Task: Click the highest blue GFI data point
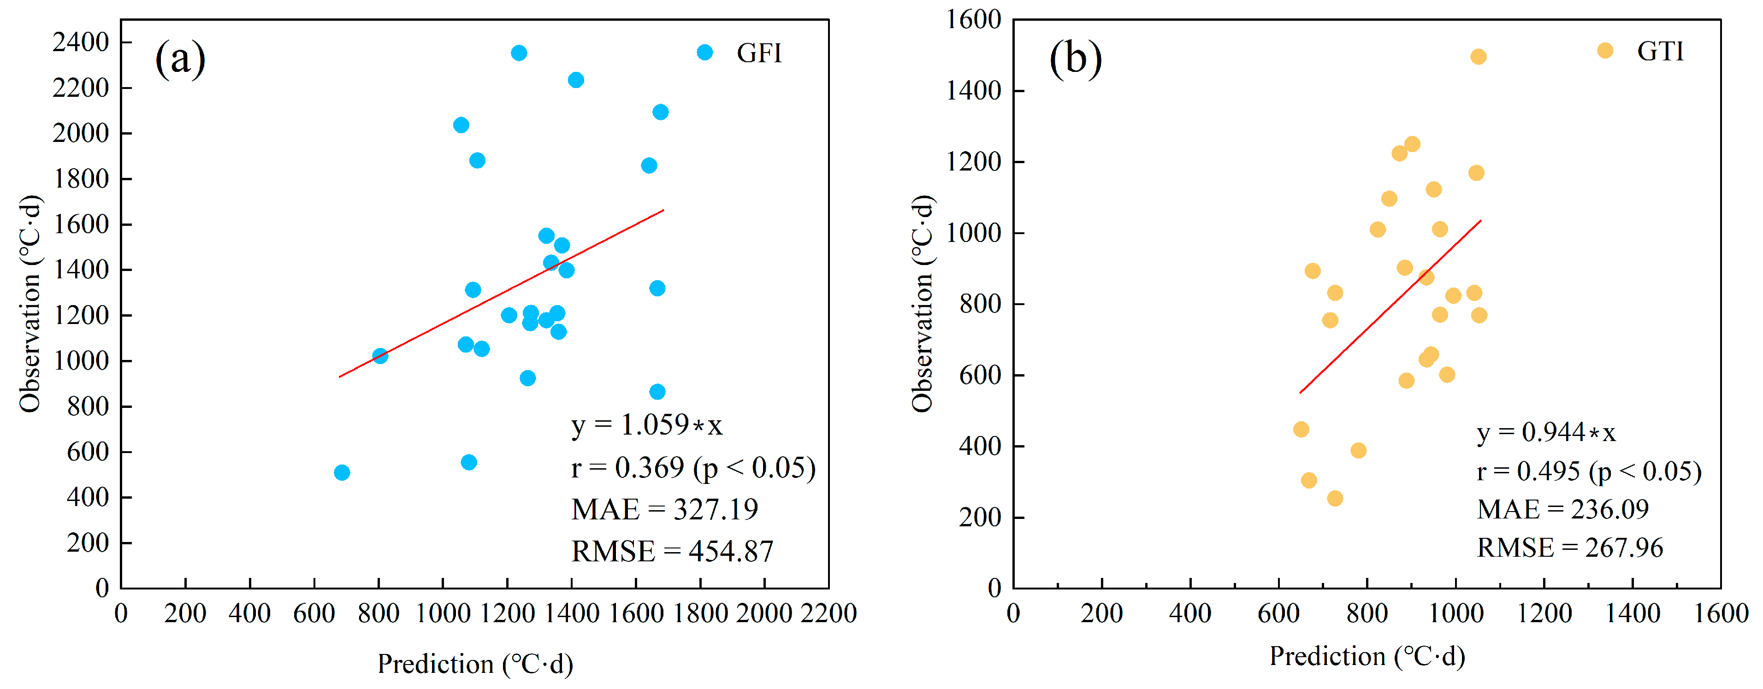tap(519, 53)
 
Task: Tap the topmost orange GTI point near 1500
tap(1478, 56)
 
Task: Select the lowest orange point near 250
tap(1335, 498)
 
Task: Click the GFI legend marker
tap(704, 53)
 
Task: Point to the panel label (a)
tap(180, 58)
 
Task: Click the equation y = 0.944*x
tap(1546, 432)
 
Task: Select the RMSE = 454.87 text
tap(672, 551)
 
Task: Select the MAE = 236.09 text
tap(1562, 509)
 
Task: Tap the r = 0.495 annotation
tap(1588, 471)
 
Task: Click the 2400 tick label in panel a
tap(81, 42)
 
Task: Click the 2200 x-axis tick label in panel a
tap(828, 613)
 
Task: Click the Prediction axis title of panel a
tap(475, 664)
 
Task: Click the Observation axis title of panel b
tap(923, 303)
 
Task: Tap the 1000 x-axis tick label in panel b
tap(1455, 613)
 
